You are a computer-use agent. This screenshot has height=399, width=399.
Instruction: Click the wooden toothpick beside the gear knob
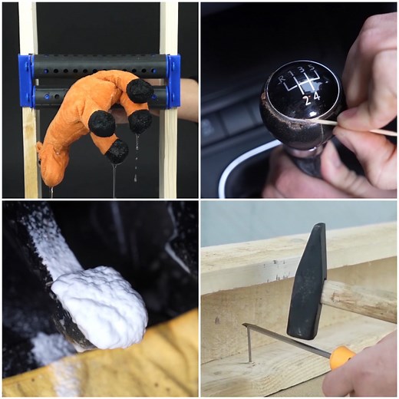click(x=361, y=127)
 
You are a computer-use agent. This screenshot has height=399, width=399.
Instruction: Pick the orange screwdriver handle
click(x=342, y=357)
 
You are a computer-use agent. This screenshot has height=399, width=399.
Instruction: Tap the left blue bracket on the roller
click(x=26, y=81)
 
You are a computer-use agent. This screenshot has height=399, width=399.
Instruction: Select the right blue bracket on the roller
click(x=173, y=81)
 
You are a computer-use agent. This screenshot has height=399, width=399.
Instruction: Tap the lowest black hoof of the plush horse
click(x=117, y=151)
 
